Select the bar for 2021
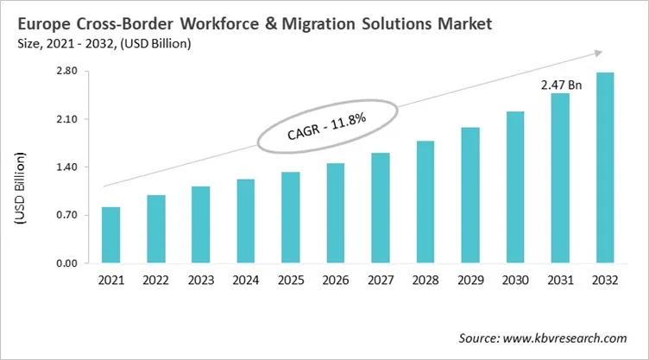click(x=110, y=235)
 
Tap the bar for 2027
click(x=380, y=207)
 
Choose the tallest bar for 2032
click(x=605, y=167)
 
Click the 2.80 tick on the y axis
click(x=66, y=72)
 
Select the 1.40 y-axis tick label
click(x=66, y=167)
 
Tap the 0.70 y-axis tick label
click(x=66, y=215)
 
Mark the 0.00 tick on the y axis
click(x=66, y=263)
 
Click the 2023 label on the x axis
click(x=200, y=281)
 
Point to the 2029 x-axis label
click(x=470, y=281)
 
